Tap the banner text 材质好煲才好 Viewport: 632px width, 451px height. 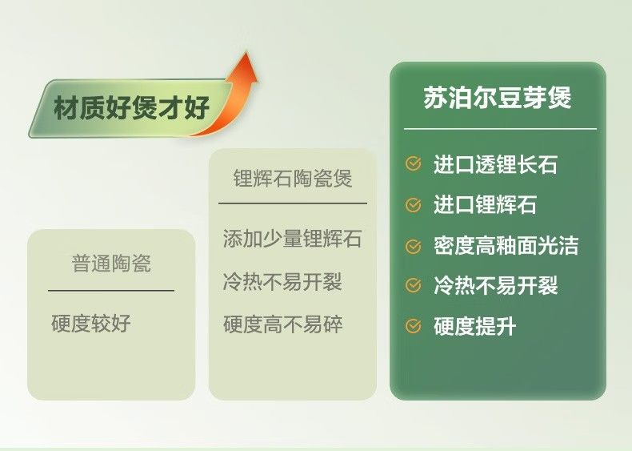point(131,108)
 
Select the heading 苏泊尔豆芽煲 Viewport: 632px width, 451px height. point(498,97)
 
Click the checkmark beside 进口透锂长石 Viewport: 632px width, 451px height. point(413,163)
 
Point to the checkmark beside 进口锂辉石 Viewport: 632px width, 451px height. point(413,205)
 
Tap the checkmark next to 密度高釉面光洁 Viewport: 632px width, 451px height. point(413,246)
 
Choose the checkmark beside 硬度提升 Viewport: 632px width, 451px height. point(413,326)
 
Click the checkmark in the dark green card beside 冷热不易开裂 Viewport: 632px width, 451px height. point(413,285)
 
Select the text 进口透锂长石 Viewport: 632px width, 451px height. point(495,164)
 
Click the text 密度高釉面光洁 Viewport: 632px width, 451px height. point(506,246)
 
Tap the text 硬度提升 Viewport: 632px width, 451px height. point(475,326)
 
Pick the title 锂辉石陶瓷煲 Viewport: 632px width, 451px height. point(293,178)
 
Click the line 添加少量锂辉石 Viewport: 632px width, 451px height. point(292,238)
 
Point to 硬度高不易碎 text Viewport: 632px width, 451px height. point(283,324)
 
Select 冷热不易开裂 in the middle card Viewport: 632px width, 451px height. point(282,281)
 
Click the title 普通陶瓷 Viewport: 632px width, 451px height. point(111,264)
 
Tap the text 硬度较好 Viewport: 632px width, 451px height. point(91,323)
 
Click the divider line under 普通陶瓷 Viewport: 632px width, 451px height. point(111,290)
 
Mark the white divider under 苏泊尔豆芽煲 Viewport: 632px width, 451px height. point(500,129)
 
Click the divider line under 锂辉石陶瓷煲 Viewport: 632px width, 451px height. point(293,203)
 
